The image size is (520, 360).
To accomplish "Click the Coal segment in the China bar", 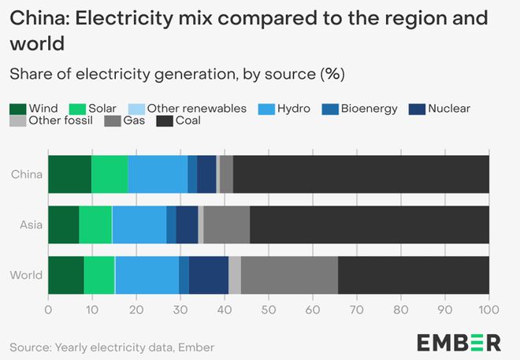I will pos(361,174).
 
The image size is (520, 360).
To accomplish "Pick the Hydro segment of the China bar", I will pos(158,174).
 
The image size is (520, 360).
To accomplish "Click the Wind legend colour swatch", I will pos(18,109).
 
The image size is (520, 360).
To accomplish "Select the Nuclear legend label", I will pos(448,109).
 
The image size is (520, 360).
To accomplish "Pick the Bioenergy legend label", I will pos(370,109).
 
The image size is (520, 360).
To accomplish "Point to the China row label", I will pos(28,174).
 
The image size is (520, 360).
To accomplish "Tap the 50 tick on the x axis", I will pos(269,311).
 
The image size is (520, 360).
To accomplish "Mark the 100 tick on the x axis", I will pos(488,311).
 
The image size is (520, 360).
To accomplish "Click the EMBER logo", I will pos(459,343).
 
